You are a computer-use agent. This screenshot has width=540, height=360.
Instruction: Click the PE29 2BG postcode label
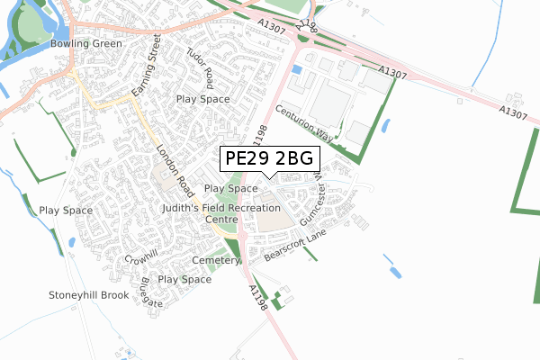click(269, 159)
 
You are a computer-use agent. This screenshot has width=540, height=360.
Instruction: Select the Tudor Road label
click(200, 62)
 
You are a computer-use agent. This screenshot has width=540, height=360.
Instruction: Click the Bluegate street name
click(147, 293)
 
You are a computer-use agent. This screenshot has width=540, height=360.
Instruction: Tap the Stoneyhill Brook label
click(89, 295)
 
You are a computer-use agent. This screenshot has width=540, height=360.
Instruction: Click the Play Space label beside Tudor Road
click(203, 99)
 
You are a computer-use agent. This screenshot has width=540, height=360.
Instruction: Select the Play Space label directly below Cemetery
click(184, 280)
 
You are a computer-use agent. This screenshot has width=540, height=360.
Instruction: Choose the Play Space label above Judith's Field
click(231, 189)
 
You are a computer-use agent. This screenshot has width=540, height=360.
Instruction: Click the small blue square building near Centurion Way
click(296, 68)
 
